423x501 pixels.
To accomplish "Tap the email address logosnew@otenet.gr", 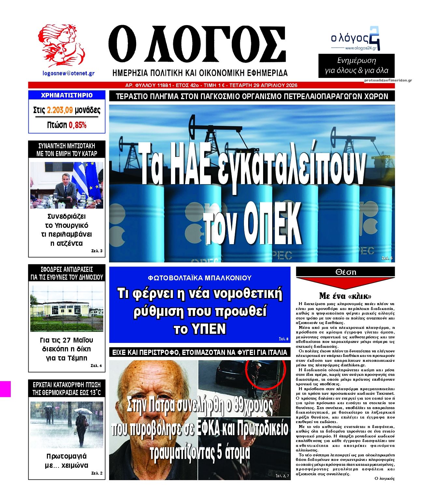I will (x=68, y=73).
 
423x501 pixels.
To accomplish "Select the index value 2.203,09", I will (x=60, y=110).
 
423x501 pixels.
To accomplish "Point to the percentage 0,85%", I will (x=78, y=125).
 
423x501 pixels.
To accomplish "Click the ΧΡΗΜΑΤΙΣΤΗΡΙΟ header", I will (x=67, y=95).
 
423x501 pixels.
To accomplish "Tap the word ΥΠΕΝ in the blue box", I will (x=200, y=329).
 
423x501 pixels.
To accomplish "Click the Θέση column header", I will (x=345, y=272).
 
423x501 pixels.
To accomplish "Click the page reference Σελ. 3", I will (x=97, y=251).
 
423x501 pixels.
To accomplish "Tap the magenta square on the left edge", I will (x=5, y=389).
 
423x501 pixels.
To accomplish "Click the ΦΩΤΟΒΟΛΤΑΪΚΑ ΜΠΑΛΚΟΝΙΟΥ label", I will (x=200, y=278).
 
